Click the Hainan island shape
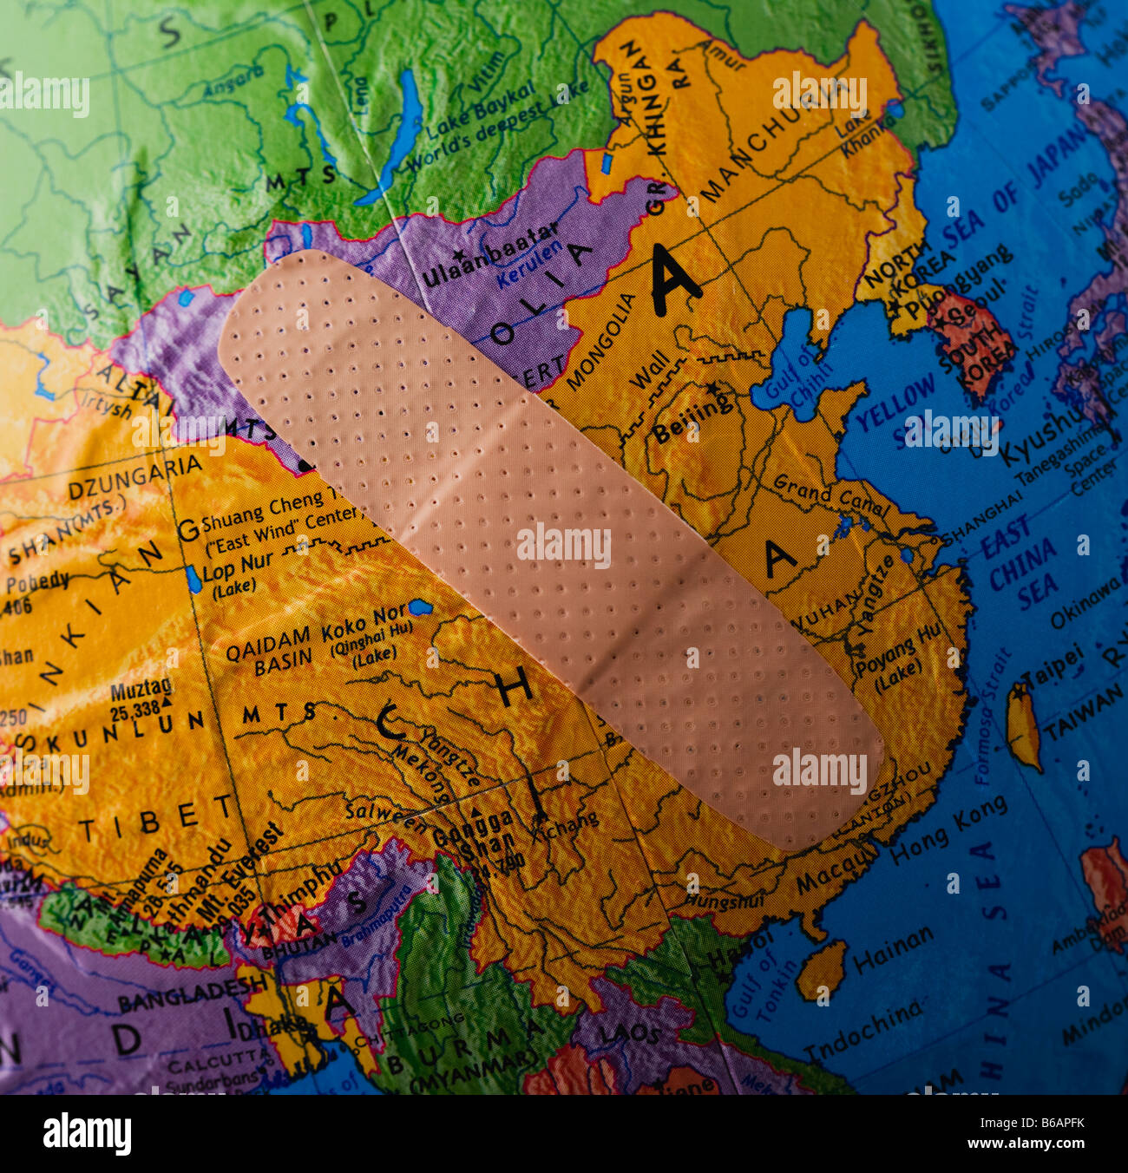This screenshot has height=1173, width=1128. (x=822, y=969)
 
